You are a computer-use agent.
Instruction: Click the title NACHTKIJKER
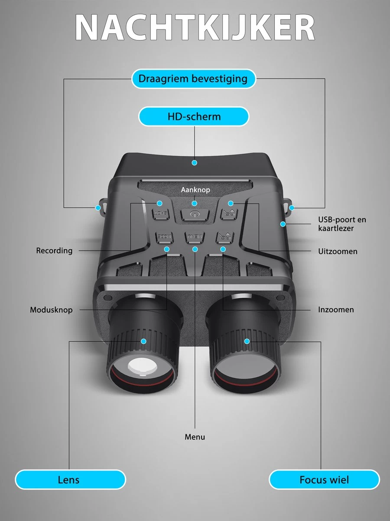pos(195,29)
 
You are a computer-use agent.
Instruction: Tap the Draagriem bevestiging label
pos(193,79)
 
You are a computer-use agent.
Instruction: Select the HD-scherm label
pos(194,116)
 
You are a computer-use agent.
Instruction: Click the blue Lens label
pos(69,479)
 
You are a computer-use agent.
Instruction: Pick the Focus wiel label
pos(324,479)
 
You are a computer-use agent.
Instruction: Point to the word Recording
pos(54,251)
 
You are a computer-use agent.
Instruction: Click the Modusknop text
pos(51,310)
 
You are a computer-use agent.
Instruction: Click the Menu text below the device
pos(195,437)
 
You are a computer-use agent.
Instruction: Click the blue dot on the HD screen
pos(195,162)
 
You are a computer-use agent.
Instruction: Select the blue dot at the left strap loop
pos(98,208)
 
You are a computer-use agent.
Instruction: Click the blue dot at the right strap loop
pos(292,208)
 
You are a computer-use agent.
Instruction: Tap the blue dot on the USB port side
pos(283,224)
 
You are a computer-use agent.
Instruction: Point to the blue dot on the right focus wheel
pos(247,341)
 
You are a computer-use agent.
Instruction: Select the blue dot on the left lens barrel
pos(143,341)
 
